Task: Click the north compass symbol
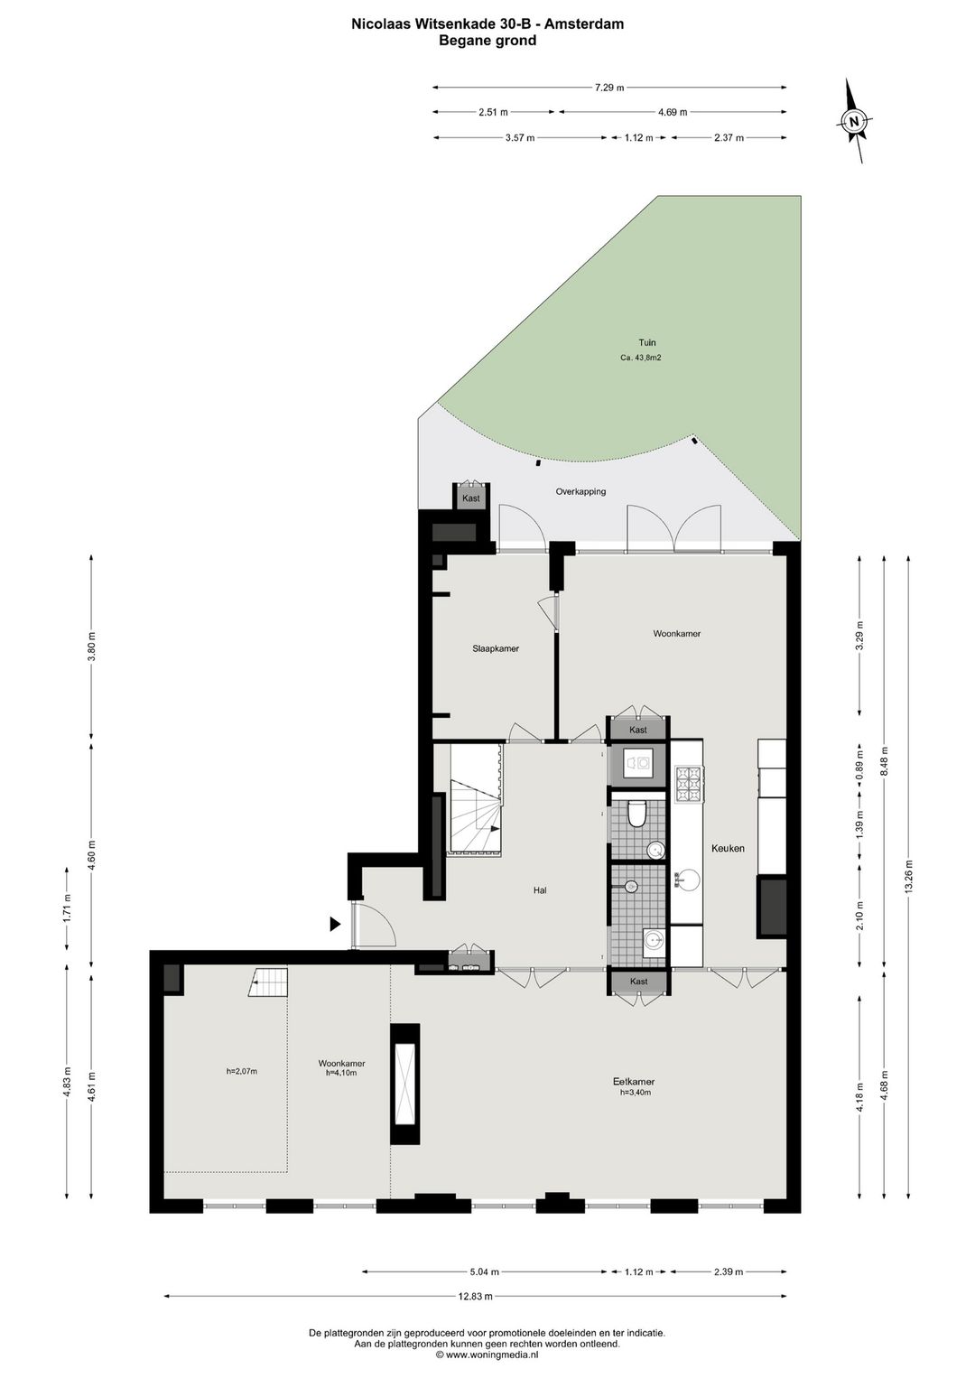click(x=854, y=121)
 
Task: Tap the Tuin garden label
click(x=646, y=343)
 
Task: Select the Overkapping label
click(x=580, y=492)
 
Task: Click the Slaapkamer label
click(x=496, y=648)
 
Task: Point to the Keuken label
click(x=728, y=849)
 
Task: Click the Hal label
click(x=540, y=890)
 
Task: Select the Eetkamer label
click(x=634, y=1082)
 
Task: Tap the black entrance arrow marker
click(x=334, y=924)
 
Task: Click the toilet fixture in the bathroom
click(x=637, y=814)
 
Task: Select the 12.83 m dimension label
click(x=475, y=1297)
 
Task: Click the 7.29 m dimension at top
click(x=609, y=88)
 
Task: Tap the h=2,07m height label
click(x=242, y=1072)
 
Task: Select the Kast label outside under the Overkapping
click(x=471, y=498)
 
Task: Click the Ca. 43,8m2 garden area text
click(x=641, y=358)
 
